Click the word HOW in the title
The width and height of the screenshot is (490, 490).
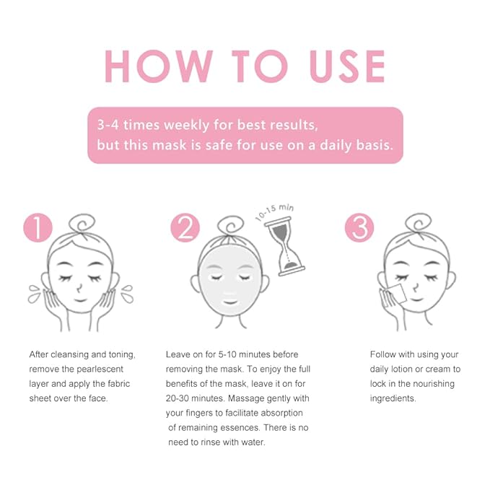[x=159, y=66]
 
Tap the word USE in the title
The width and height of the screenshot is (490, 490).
[x=347, y=66]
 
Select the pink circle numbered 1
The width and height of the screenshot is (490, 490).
[x=38, y=227]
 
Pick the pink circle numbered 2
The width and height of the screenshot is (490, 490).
[x=185, y=227]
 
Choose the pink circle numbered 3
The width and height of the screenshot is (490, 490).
[x=359, y=227]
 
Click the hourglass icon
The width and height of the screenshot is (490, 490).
[x=284, y=247]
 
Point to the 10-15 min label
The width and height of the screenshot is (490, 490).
[x=274, y=212]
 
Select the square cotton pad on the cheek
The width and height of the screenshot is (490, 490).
[x=395, y=294]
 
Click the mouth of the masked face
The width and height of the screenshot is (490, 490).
[x=230, y=302]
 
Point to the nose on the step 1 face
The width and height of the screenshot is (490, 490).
[x=79, y=288]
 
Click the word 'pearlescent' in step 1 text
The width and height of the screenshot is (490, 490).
[x=100, y=369]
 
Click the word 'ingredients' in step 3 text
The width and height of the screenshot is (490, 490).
[x=393, y=399]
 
